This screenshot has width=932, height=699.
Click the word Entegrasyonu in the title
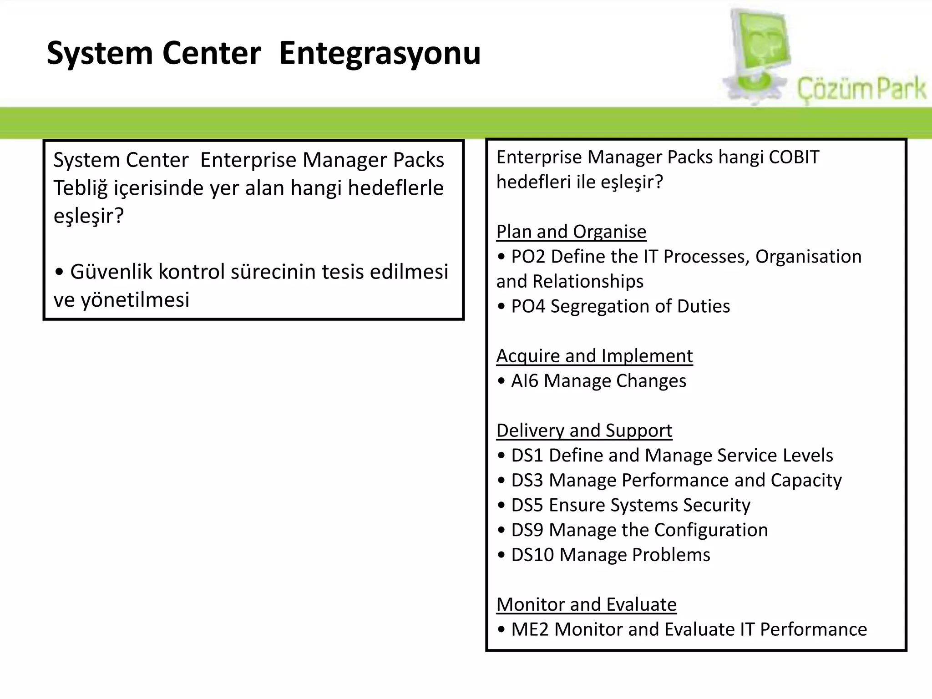click(380, 54)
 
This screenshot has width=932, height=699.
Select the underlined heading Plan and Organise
click(571, 232)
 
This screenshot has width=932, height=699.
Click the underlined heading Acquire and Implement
click(594, 356)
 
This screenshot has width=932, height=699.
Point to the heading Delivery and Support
click(584, 431)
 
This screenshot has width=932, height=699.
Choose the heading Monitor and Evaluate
click(586, 605)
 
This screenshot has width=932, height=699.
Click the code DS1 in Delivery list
click(527, 456)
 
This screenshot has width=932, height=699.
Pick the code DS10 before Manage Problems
click(532, 555)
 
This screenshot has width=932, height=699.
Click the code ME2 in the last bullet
click(530, 629)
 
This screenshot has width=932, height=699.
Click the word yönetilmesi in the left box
click(135, 300)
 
